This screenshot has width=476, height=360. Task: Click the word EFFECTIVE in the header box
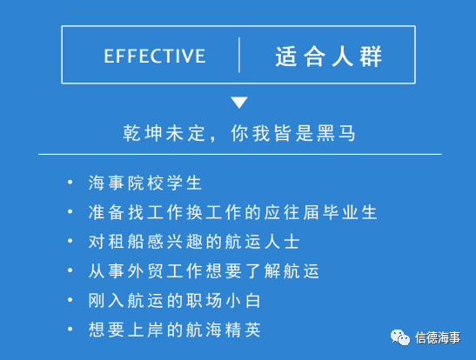click(155, 57)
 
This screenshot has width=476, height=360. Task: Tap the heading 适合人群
click(328, 57)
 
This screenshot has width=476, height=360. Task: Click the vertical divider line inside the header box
click(239, 55)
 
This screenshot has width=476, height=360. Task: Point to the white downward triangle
click(239, 103)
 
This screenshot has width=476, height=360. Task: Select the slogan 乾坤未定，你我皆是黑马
click(239, 133)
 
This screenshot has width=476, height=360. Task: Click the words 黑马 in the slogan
click(336, 133)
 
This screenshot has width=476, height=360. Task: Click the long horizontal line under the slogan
click(240, 155)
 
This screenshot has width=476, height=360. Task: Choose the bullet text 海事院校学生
click(145, 183)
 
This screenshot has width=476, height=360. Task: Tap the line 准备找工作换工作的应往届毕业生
click(233, 212)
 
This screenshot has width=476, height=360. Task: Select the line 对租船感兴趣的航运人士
click(194, 242)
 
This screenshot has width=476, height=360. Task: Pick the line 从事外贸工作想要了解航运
click(204, 270)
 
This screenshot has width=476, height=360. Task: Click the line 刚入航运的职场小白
click(175, 300)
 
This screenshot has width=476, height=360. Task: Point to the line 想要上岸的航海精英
click(175, 330)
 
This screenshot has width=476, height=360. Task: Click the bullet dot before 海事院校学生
click(70, 182)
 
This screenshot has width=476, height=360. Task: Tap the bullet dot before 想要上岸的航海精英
click(70, 329)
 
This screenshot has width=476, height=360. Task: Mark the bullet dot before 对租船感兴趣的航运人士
click(70, 241)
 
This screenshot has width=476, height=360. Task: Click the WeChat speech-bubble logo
click(400, 337)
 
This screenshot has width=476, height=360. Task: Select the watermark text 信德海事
click(438, 338)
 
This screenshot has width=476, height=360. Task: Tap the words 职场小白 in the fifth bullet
click(223, 300)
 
